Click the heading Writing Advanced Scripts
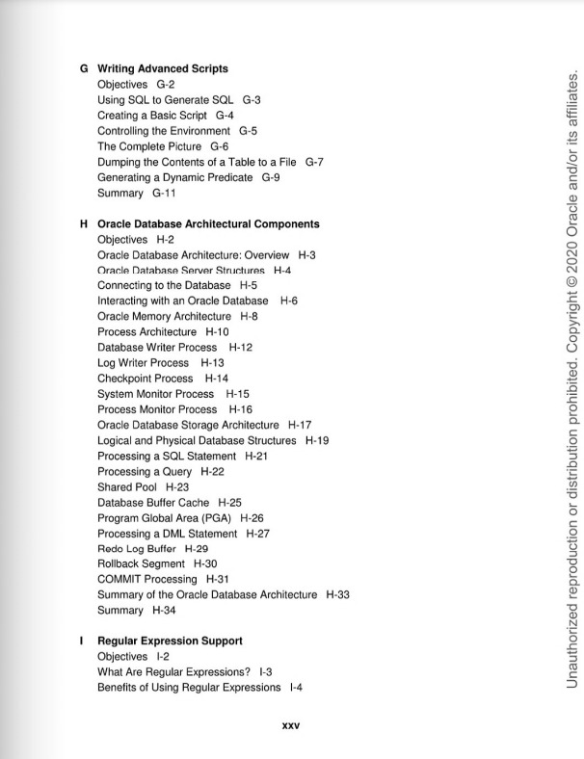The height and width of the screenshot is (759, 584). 163,69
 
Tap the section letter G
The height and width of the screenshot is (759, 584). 84,69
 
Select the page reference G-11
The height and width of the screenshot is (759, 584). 164,193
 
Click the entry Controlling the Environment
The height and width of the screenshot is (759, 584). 164,131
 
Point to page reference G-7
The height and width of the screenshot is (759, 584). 314,162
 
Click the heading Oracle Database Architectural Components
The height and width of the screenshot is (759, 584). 208,224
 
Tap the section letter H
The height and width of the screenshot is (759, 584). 84,224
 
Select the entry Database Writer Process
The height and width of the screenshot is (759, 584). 157,347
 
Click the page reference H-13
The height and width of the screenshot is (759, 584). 212,363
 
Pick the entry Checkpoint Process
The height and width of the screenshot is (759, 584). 145,379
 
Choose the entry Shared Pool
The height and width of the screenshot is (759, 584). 127,487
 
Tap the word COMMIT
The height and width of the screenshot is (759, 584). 119,580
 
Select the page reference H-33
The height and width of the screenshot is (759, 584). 337,595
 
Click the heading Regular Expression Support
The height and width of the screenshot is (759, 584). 170,641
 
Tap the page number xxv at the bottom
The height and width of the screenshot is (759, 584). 290,726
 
